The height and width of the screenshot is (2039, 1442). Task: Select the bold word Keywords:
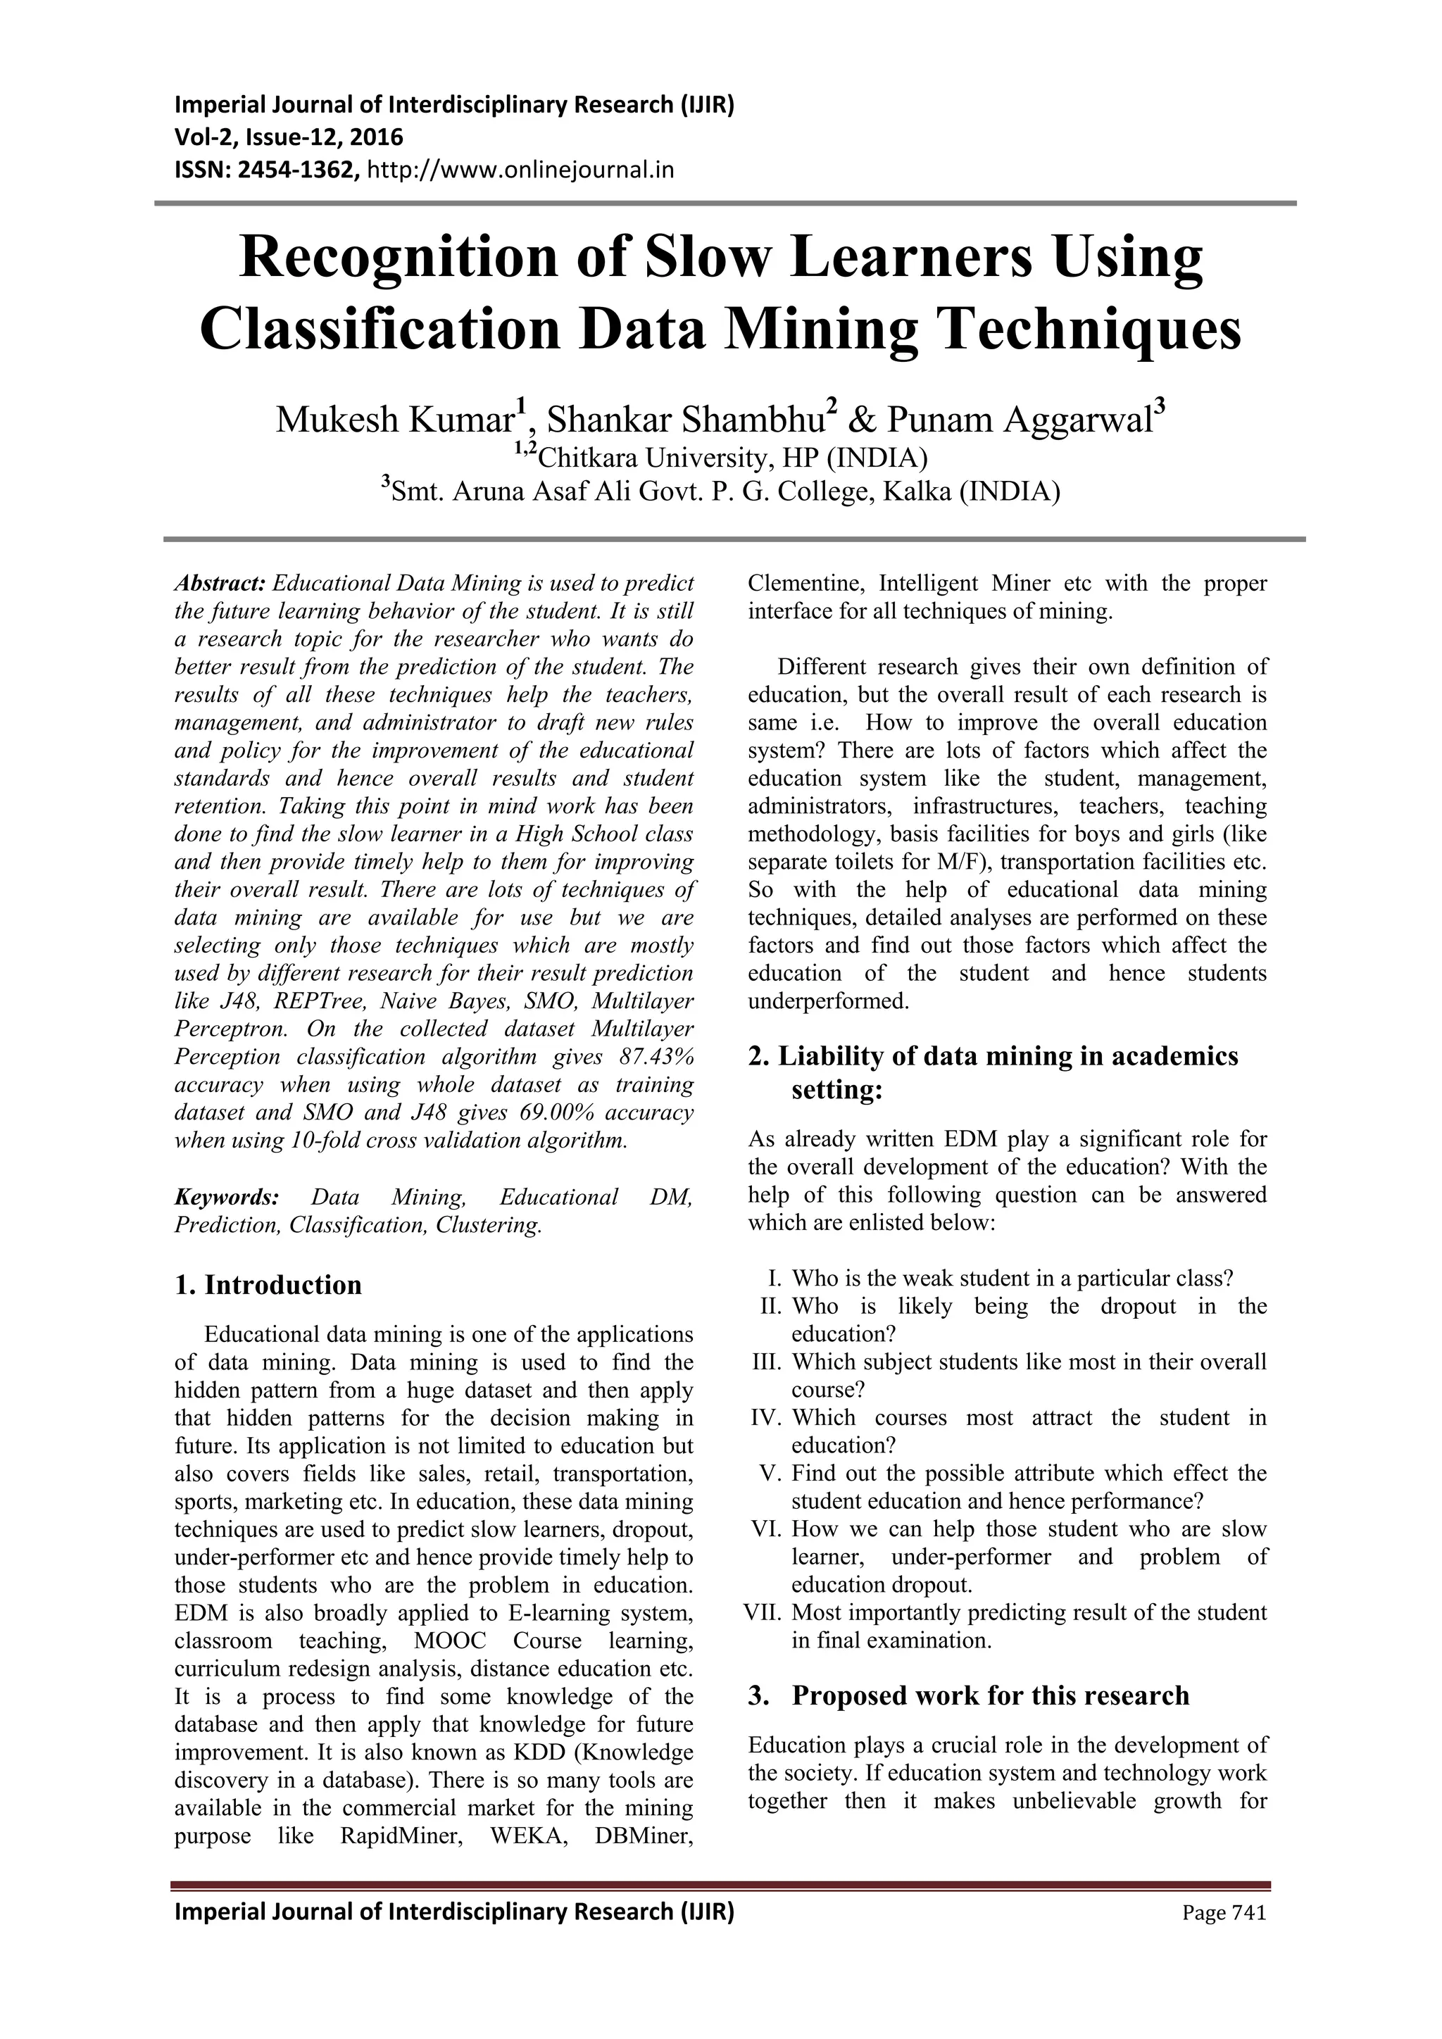[227, 1197]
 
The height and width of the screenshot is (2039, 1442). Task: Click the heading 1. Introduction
[268, 1285]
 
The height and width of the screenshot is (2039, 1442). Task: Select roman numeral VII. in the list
[763, 1612]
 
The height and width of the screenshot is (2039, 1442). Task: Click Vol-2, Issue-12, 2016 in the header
[289, 138]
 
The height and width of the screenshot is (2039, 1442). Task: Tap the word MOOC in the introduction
[449, 1640]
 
